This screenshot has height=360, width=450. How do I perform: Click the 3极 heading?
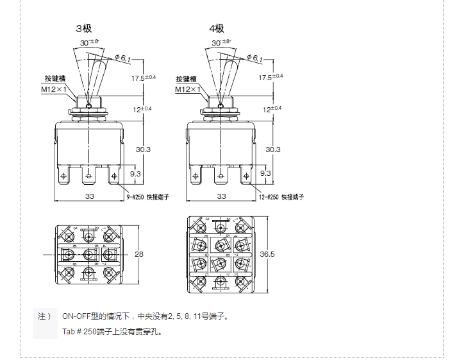[x=84, y=28]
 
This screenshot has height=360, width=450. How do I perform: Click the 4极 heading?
[x=217, y=28]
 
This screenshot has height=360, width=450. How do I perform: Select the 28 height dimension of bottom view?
[x=140, y=254]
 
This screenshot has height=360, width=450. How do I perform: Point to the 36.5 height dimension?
[x=267, y=254]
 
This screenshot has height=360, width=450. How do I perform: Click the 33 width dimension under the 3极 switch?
[x=90, y=196]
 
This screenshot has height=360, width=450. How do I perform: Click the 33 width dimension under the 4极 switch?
[x=222, y=196]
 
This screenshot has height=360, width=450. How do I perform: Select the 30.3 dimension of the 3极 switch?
[x=144, y=149]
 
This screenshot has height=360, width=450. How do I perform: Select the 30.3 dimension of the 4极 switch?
[x=273, y=149]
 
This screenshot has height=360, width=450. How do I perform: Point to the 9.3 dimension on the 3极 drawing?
[x=135, y=173]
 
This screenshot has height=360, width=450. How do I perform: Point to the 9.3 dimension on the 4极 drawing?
[x=265, y=173]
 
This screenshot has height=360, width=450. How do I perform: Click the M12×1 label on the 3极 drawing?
[x=54, y=89]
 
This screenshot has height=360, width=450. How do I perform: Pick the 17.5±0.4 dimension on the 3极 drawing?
[x=144, y=78]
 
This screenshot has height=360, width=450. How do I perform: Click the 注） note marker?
[x=44, y=316]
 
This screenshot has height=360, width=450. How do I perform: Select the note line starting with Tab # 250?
[x=112, y=332]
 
